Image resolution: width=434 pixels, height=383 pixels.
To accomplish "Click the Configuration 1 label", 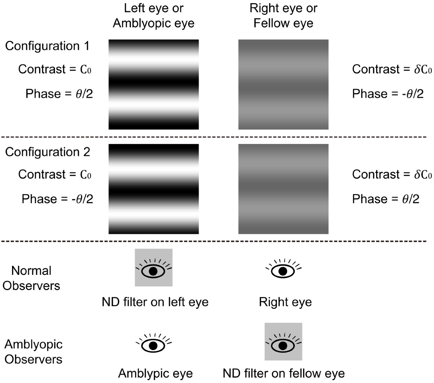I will (47, 46).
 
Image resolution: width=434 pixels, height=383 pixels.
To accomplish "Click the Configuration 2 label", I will (47, 152).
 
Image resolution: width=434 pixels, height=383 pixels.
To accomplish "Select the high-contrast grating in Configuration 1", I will (154, 84).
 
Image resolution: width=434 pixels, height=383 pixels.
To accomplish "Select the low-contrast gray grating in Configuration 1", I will (283, 84).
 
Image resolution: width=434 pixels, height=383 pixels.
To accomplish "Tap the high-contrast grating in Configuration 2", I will (154, 189).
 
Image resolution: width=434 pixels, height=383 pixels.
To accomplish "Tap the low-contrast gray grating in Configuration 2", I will (283, 189).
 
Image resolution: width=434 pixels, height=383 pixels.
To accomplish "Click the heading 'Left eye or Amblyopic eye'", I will (154, 16).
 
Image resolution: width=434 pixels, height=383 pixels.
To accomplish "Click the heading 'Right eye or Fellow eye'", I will (283, 16).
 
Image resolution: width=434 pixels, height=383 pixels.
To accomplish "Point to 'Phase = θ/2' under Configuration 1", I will (59, 94).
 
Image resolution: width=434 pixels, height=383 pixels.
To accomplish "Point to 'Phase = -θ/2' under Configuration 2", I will (58, 199).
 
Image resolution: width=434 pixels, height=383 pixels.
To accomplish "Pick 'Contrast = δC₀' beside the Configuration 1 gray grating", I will (392, 69).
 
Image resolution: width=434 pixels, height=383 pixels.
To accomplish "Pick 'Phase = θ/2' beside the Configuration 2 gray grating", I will (386, 199).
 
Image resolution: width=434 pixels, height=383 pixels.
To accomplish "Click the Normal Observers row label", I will (31, 278).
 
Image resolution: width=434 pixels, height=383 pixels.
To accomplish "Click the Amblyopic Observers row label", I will (33, 352).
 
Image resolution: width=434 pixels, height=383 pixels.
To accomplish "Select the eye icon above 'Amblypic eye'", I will (153, 344).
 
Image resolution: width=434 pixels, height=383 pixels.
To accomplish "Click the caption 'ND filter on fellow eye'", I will (284, 373).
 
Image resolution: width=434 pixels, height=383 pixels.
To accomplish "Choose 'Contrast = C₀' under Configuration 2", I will (55, 175).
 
